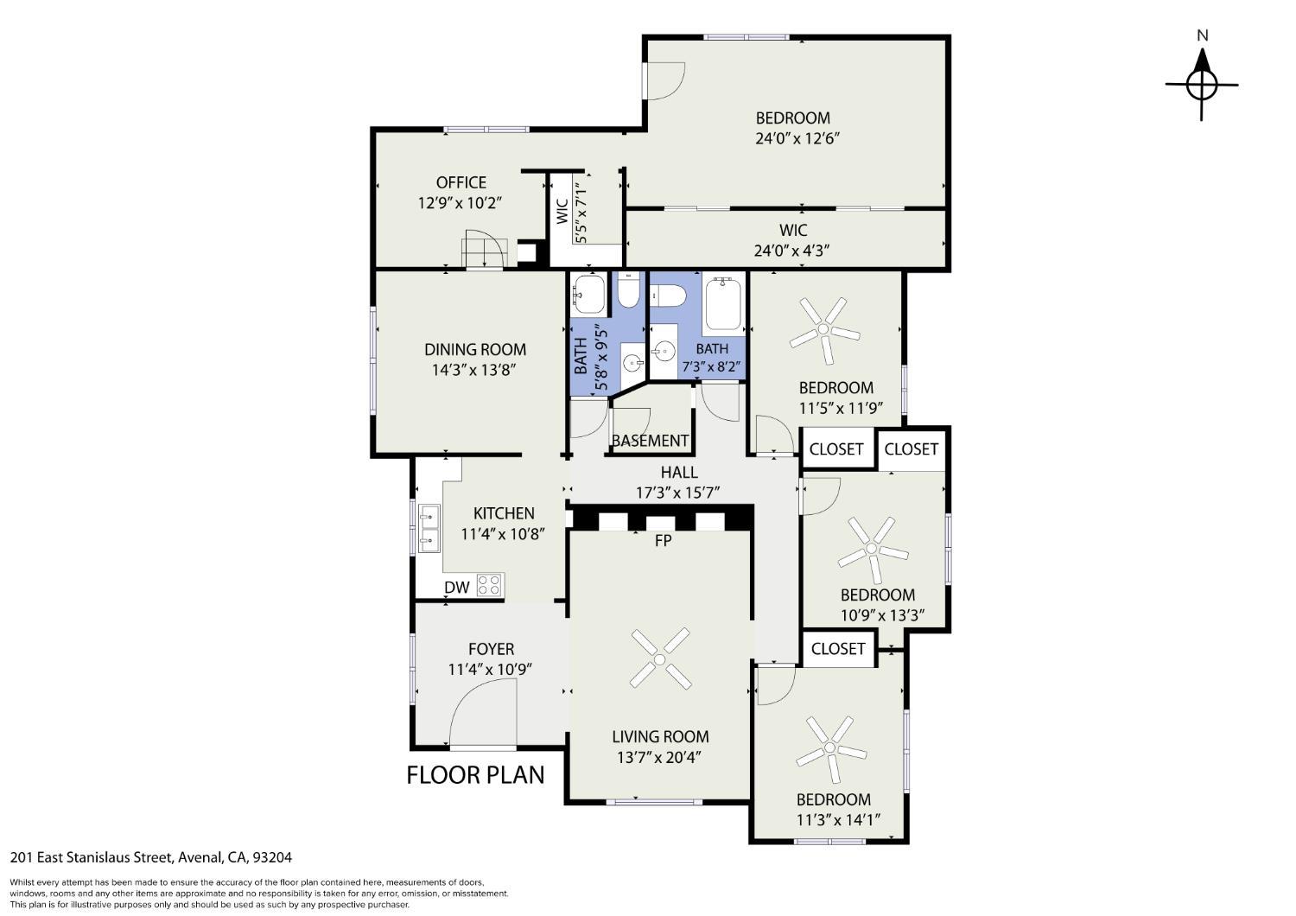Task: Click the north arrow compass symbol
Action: pyautogui.click(x=1202, y=85)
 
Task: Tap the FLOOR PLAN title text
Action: pyautogui.click(x=475, y=775)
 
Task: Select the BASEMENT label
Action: pyautogui.click(x=650, y=441)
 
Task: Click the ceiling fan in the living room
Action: pyautogui.click(x=660, y=658)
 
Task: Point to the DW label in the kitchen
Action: pyautogui.click(x=456, y=588)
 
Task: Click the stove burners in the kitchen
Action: pyautogui.click(x=489, y=585)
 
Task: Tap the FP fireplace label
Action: pyautogui.click(x=663, y=540)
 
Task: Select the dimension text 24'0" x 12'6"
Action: pyautogui.click(x=797, y=139)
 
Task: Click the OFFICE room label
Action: pyautogui.click(x=461, y=183)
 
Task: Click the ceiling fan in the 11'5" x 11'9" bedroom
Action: pyautogui.click(x=824, y=330)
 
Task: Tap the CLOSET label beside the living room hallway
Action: pyautogui.click(x=838, y=649)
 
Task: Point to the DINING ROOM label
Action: pyautogui.click(x=475, y=349)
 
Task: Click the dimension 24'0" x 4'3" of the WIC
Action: pyautogui.click(x=791, y=251)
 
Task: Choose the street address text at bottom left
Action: pyautogui.click(x=151, y=857)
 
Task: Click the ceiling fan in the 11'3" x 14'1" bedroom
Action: pyautogui.click(x=831, y=748)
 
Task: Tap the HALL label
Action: pyautogui.click(x=679, y=473)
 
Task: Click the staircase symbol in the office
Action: pyautogui.click(x=484, y=253)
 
